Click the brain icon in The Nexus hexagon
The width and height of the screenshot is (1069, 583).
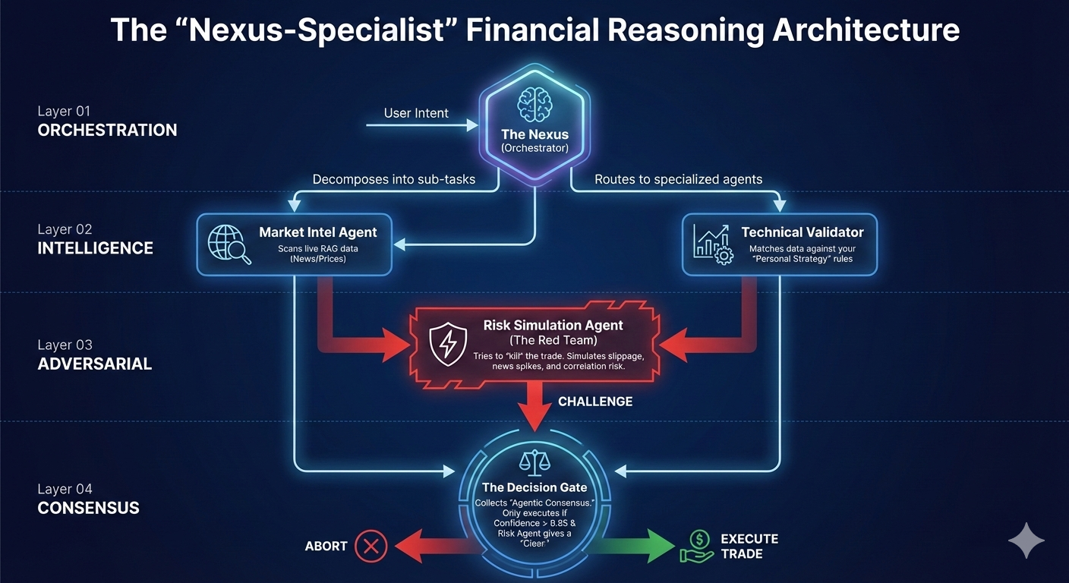point(534,103)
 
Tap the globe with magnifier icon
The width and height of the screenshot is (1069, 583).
point(229,244)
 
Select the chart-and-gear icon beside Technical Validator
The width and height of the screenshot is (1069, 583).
point(713,244)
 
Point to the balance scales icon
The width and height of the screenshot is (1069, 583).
point(534,462)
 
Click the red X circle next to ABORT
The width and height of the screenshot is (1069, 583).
point(371,546)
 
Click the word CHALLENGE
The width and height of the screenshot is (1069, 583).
point(595,402)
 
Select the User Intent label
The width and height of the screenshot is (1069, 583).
point(416,113)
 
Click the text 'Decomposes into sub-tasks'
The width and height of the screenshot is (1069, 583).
point(394,180)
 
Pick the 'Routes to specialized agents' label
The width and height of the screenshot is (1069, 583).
point(678,180)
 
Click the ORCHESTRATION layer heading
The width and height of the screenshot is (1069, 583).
point(107,131)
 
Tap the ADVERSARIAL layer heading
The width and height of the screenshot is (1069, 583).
point(95,364)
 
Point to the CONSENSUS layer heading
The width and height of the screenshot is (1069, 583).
point(89,508)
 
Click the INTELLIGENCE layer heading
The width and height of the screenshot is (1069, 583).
point(96,248)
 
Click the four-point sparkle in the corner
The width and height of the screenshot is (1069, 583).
point(1026,540)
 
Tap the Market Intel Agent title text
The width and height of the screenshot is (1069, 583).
point(317,232)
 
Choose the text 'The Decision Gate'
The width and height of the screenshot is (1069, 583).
point(534,487)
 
